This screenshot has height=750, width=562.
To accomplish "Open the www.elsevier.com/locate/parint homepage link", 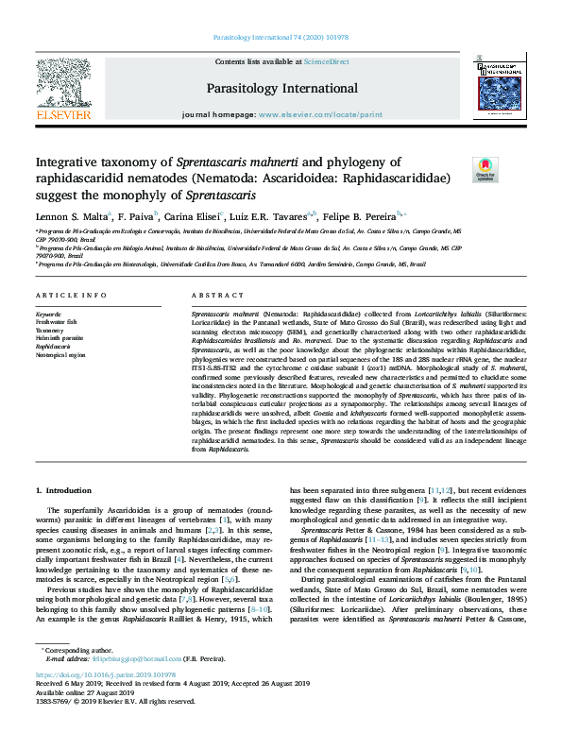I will pyautogui.click(x=320, y=113).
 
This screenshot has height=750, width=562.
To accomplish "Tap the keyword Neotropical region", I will pyautogui.click(x=60, y=355).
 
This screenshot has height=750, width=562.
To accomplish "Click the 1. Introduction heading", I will pyautogui.click(x=63, y=490).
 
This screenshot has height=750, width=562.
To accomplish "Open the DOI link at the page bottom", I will pyautogui.click(x=101, y=702).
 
